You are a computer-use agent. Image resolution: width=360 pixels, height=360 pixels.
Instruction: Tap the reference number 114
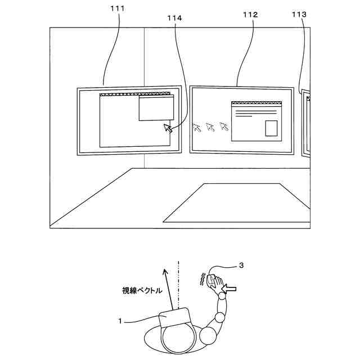click(x=174, y=18)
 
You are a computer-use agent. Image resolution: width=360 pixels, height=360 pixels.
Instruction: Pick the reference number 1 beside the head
click(x=120, y=322)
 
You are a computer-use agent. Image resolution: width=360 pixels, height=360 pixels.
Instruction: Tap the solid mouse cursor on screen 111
click(x=168, y=128)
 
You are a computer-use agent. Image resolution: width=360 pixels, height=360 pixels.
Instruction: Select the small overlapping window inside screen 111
click(x=156, y=108)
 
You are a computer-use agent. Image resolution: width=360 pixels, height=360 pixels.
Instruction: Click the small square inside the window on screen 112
click(x=271, y=128)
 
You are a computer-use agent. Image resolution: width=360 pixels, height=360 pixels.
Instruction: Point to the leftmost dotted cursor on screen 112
click(x=197, y=127)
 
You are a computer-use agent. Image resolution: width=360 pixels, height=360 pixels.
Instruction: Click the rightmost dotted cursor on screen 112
click(x=224, y=127)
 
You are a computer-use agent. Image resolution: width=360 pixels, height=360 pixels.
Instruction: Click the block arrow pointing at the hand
click(x=231, y=289)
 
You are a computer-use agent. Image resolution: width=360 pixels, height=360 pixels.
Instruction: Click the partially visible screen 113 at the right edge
click(x=307, y=124)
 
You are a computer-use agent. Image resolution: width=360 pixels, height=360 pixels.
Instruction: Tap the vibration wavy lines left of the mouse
click(x=201, y=279)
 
